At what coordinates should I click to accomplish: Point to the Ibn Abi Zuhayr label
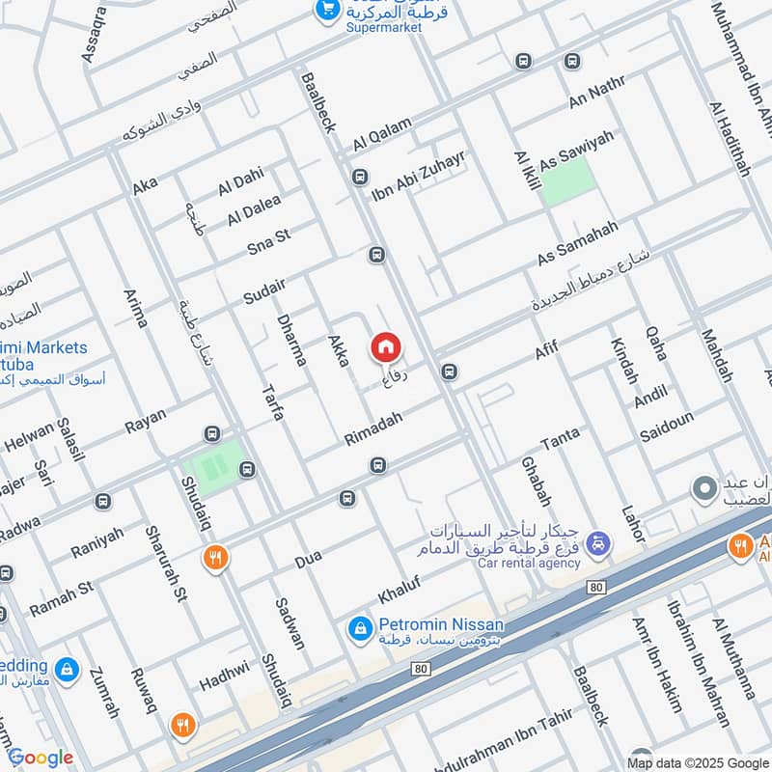[x=418, y=175]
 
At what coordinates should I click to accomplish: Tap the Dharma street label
[x=290, y=340]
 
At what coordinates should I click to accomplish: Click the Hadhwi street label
[x=224, y=675]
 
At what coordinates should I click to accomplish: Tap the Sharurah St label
[x=165, y=563]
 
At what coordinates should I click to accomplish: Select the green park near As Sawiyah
[x=565, y=180]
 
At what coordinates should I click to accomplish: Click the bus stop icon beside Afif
[x=449, y=372]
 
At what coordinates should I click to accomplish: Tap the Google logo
[x=41, y=758]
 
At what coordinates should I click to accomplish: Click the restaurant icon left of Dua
[x=214, y=557]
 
